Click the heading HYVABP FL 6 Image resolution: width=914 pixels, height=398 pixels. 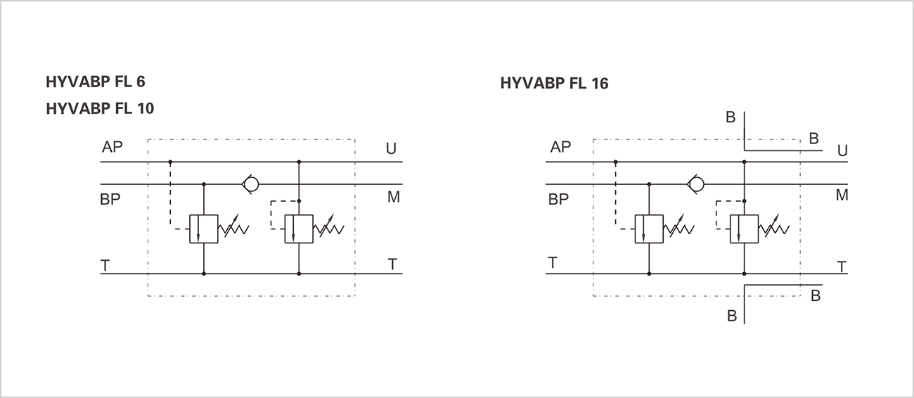pyautogui.click(x=96, y=82)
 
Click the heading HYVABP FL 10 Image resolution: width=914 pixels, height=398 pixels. pyautogui.click(x=99, y=109)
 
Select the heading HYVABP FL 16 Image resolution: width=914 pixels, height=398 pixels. pyautogui.click(x=554, y=84)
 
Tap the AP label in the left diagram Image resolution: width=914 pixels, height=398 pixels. pyautogui.click(x=112, y=148)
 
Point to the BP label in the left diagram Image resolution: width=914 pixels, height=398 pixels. pyautogui.click(x=110, y=199)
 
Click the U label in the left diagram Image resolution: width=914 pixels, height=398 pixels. pyautogui.click(x=391, y=149)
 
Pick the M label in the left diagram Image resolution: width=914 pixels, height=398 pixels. pyautogui.click(x=393, y=198)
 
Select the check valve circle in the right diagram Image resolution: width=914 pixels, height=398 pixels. pyautogui.click(x=697, y=184)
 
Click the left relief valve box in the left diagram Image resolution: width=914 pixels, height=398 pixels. pyautogui.click(x=204, y=229)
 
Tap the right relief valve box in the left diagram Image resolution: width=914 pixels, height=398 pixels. pyautogui.click(x=299, y=229)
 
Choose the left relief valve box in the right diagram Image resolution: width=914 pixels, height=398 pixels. pyautogui.click(x=649, y=229)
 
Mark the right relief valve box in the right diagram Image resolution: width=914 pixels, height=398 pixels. pyautogui.click(x=744, y=229)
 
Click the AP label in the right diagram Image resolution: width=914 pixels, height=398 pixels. pyautogui.click(x=560, y=148)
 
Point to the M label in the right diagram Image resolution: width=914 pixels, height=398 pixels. pyautogui.click(x=842, y=196)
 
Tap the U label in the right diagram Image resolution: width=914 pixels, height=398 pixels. pyautogui.click(x=842, y=151)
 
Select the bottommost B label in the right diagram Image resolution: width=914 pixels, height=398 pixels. pyautogui.click(x=732, y=316)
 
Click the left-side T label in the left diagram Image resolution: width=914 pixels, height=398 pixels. pyautogui.click(x=105, y=265)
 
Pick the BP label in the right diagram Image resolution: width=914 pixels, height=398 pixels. pyautogui.click(x=558, y=199)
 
